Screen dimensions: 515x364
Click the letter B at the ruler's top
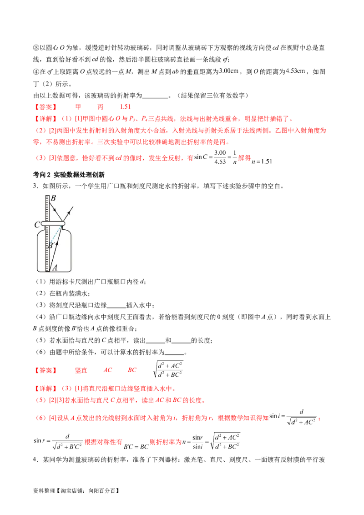pos(53,198)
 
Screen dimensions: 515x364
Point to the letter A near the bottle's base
pos(55,268)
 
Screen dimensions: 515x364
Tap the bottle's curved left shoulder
pos(39,234)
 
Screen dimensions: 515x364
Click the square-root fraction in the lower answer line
pos(168,370)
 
